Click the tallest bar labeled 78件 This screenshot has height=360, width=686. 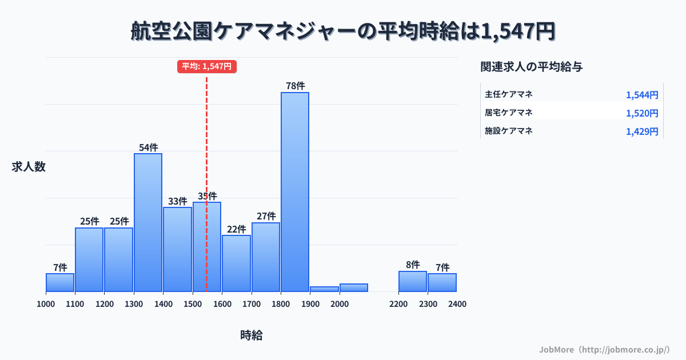coord(294,191)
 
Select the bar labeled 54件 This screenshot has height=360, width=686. coord(148,222)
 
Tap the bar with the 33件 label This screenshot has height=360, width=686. coord(177,249)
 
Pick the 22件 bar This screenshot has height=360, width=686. coord(236,263)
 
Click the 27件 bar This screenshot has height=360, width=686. coord(266,257)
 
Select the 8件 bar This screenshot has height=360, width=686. coord(413,281)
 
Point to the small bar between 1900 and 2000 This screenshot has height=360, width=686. coord(324,289)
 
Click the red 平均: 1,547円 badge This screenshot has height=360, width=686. coord(206,66)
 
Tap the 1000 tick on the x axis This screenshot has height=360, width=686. coord(46,304)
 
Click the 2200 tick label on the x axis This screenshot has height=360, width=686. coord(398,304)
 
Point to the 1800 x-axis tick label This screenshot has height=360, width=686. coord(281,304)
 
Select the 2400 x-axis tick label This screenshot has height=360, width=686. coord(457,304)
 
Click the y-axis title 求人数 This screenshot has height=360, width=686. coord(29,167)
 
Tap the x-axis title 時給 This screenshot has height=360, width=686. coord(252,335)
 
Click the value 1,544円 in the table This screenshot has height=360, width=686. coord(642,95)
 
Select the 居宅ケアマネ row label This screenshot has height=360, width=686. coord(509,112)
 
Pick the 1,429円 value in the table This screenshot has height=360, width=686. coord(642,131)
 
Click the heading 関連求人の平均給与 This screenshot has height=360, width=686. coord(532,66)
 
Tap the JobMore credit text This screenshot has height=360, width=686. coord(604,349)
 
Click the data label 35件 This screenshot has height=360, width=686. coord(207,196)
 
